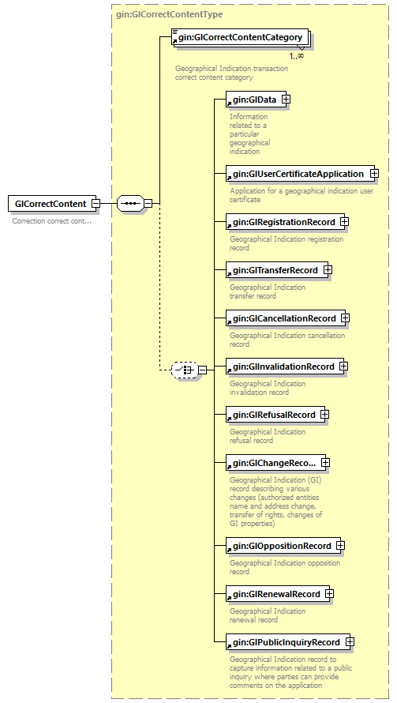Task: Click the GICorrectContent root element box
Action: click(50, 204)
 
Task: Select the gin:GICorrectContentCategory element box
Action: click(240, 36)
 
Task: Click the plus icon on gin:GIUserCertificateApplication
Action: click(374, 174)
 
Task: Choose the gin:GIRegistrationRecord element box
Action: click(282, 222)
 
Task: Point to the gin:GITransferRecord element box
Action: click(273, 270)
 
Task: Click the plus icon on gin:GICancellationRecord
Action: click(345, 318)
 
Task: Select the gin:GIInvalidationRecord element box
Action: click(282, 367)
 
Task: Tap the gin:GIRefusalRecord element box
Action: click(272, 415)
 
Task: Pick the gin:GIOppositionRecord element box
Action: click(279, 546)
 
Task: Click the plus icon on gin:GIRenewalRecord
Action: click(329, 594)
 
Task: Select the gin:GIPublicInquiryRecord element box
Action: click(284, 642)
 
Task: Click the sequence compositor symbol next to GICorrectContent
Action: click(129, 204)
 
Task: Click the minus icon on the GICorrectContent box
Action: click(96, 204)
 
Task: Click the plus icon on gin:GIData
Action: click(286, 100)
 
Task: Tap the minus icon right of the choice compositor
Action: click(203, 369)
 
